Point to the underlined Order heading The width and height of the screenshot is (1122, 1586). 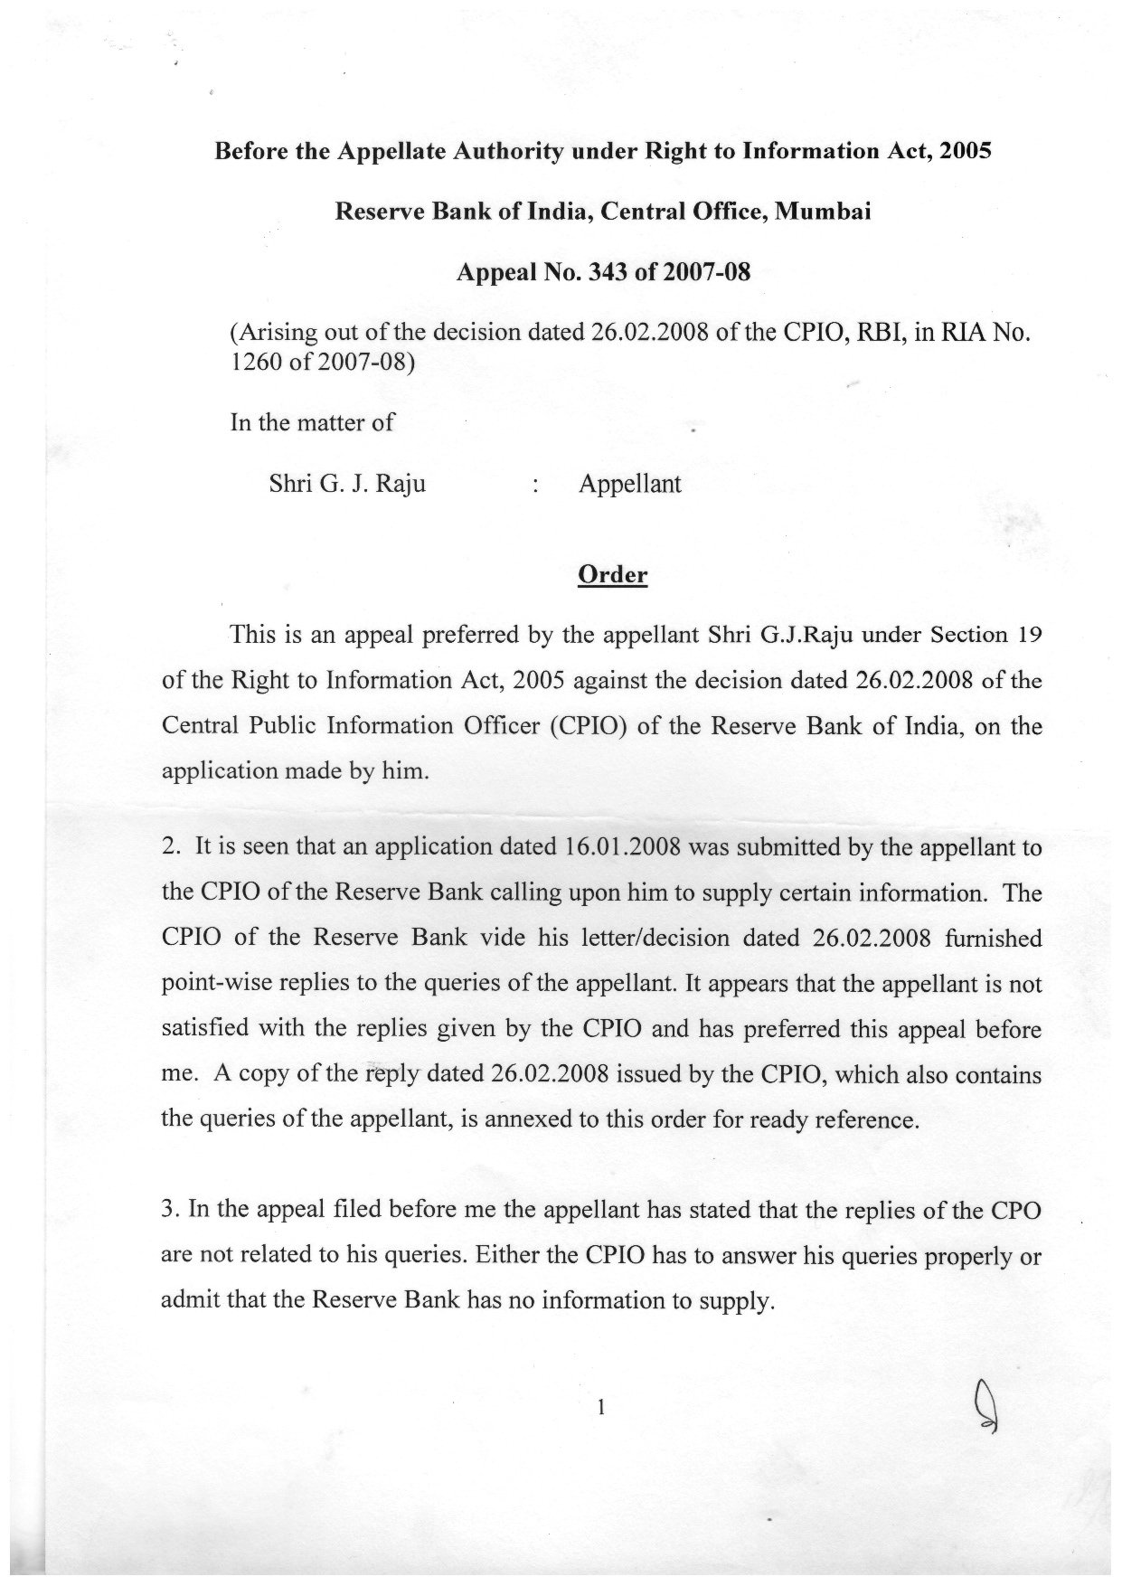coord(612,575)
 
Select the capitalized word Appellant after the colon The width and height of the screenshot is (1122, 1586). coord(629,484)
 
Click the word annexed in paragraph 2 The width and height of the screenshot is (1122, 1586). coord(527,1119)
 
